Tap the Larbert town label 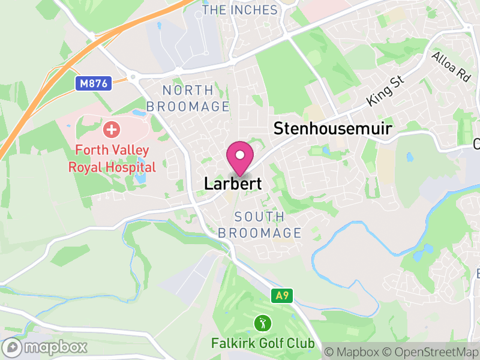tap(233, 184)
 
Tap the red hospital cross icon tap(111, 128)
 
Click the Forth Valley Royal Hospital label tap(112, 157)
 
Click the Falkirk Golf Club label tap(263, 344)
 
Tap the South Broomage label tap(260, 224)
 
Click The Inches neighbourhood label tap(240, 10)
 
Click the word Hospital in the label tap(130, 167)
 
